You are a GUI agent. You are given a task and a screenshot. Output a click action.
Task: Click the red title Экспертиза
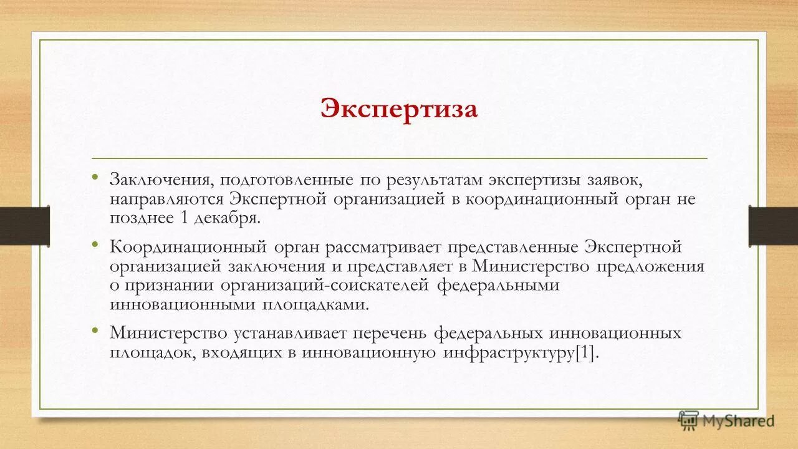point(399,109)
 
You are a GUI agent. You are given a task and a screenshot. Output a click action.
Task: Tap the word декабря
point(226,218)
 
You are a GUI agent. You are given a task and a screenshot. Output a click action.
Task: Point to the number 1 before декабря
point(184,218)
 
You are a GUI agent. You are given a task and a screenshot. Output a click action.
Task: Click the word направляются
point(166,200)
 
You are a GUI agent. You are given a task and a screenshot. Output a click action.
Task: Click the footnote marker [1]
point(586,352)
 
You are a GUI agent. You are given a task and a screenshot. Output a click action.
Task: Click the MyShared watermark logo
point(726,420)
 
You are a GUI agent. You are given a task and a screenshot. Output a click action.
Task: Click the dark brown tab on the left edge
point(25,225)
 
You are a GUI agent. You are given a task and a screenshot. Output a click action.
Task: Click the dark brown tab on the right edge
point(773,225)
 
